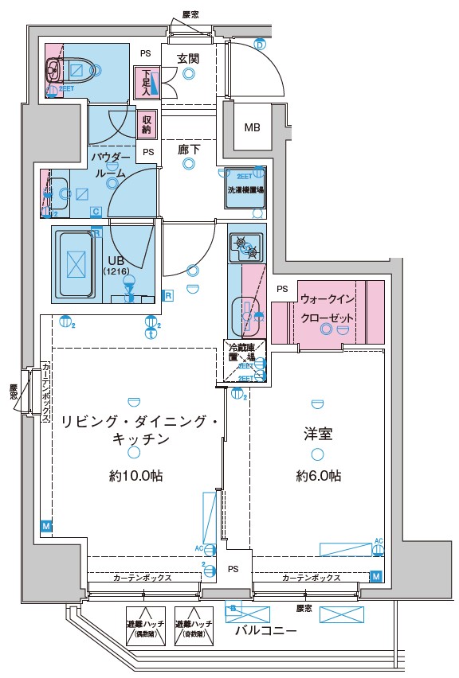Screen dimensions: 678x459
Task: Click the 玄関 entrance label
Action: click(188, 58)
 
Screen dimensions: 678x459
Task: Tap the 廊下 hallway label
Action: click(188, 147)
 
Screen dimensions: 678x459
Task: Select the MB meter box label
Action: click(252, 127)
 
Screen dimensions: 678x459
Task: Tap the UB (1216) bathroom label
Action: click(115, 264)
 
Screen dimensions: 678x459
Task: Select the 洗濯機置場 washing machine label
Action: click(245, 190)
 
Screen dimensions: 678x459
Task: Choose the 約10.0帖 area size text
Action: click(136, 476)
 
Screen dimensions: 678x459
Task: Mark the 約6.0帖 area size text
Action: click(319, 476)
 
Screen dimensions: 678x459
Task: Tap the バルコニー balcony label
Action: click(267, 631)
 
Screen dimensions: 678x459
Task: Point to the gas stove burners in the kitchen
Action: click(245, 248)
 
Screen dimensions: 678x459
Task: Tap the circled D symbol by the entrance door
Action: click(260, 44)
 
